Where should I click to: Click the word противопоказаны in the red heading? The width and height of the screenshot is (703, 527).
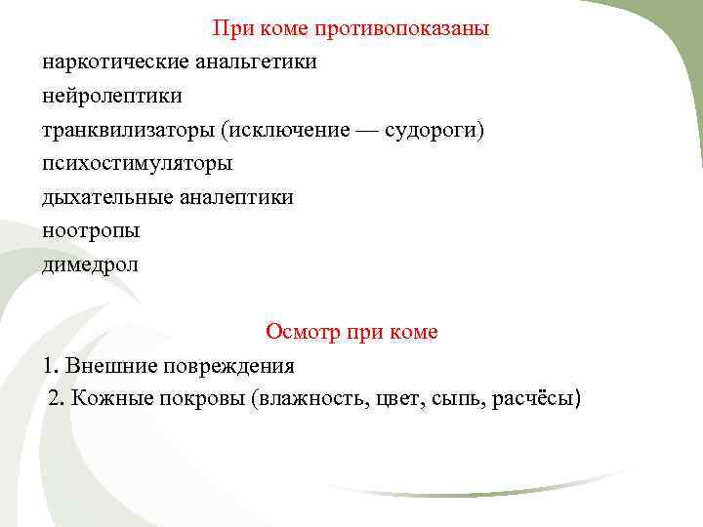pos(402,28)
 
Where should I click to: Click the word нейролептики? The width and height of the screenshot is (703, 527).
pos(112,97)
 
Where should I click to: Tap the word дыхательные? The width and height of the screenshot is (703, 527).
pos(106,197)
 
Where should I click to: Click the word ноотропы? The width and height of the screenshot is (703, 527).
pos(91,231)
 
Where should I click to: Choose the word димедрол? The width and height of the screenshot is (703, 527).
pos(91,264)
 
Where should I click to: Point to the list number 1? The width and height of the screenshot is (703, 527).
pos(50,366)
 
